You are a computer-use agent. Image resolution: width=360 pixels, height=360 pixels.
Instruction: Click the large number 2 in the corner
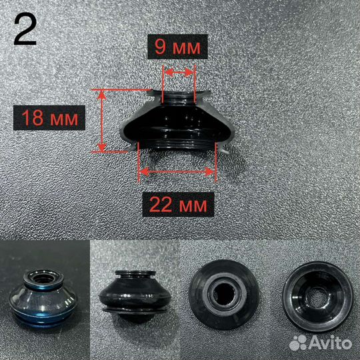25,30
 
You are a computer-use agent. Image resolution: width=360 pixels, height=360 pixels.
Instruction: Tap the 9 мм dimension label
177,47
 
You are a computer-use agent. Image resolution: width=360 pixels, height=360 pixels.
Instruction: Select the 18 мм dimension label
49,117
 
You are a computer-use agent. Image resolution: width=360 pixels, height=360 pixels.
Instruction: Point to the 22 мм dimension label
178,205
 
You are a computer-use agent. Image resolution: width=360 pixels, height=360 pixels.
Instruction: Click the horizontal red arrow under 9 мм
179,72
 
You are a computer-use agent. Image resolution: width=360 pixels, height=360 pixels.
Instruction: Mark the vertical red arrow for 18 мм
102,121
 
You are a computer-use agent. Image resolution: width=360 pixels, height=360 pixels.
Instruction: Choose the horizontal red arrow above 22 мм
177,172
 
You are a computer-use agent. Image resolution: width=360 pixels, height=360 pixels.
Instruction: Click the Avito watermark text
331,343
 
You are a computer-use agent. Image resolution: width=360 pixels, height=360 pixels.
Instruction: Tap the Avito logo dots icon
298,343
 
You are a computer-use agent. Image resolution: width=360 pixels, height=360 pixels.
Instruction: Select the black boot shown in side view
135,296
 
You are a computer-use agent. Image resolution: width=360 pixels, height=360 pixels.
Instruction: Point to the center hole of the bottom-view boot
317,297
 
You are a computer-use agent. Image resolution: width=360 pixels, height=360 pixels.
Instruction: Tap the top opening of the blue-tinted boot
43,278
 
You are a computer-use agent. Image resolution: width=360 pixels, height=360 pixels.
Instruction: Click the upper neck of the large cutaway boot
179,98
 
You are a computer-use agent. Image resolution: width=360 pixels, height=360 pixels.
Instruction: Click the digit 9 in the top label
160,47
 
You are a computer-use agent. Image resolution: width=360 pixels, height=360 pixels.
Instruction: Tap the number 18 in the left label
33,118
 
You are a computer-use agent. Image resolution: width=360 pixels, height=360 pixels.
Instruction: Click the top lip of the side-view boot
135,273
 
